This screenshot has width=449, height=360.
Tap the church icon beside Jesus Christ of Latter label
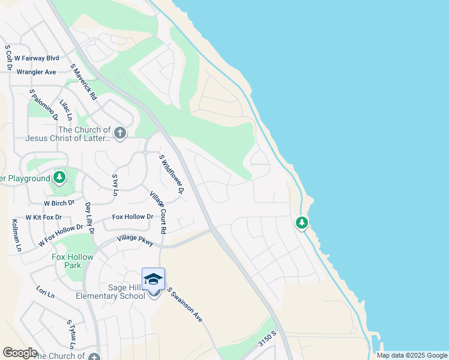coord(120,133)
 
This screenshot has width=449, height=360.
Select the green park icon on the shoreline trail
coord(301,223)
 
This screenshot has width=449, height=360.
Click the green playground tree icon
coord(59,178)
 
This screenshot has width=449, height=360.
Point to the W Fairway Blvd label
coord(37,58)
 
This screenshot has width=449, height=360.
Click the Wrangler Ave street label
coord(36,72)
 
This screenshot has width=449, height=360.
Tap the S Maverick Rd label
coord(83,82)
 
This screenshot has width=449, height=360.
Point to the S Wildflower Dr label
coord(171,174)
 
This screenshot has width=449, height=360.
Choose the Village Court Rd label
coord(158,212)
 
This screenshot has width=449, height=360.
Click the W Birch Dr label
coord(58,203)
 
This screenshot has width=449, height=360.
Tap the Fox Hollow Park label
coord(73,261)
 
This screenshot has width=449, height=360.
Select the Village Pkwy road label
coord(136,240)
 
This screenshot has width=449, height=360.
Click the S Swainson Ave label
coord(184,305)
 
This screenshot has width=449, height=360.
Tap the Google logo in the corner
coord(20,352)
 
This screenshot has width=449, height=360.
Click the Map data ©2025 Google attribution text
coord(412,355)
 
